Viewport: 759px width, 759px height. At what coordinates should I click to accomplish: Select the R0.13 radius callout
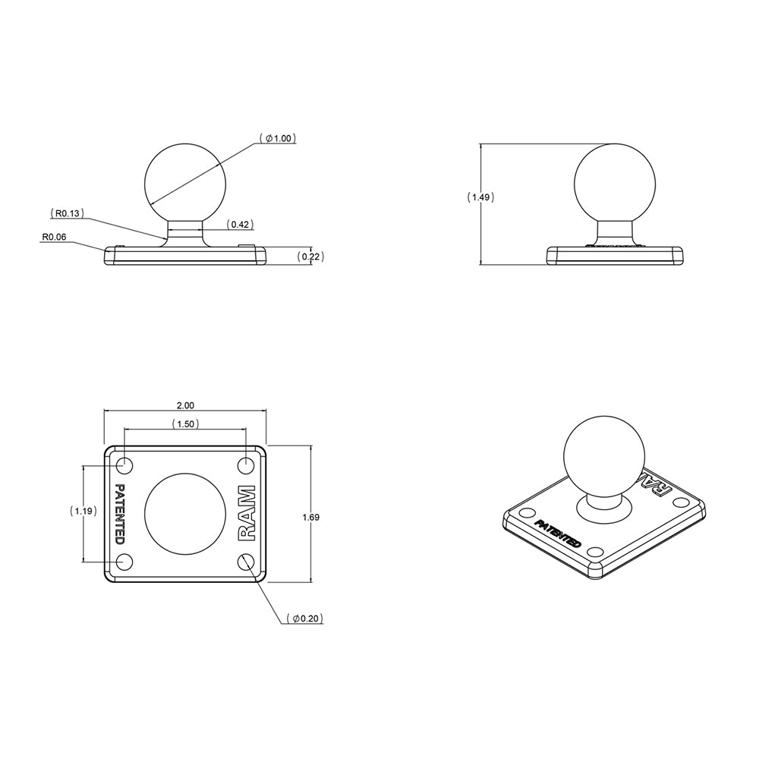tap(66, 213)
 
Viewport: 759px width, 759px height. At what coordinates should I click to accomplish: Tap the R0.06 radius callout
tap(54, 237)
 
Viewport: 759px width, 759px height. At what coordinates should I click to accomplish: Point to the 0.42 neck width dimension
tap(241, 225)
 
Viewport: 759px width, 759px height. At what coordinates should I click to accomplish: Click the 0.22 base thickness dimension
tap(310, 257)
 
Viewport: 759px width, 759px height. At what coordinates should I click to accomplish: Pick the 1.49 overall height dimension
tap(480, 197)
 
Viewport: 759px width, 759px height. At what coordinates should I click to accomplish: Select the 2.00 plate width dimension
tap(185, 405)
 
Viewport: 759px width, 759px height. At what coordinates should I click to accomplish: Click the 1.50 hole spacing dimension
tap(185, 424)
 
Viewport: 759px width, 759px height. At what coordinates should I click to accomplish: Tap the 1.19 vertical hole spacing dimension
tap(82, 512)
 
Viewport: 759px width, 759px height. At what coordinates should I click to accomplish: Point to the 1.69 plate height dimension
tap(310, 517)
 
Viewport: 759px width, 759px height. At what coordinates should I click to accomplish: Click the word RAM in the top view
tap(248, 513)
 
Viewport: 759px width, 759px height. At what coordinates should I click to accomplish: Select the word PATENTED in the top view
tap(120, 514)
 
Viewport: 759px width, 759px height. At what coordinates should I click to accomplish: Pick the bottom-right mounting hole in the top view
tap(246, 562)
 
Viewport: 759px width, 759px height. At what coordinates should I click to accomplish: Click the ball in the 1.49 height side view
tap(615, 181)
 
